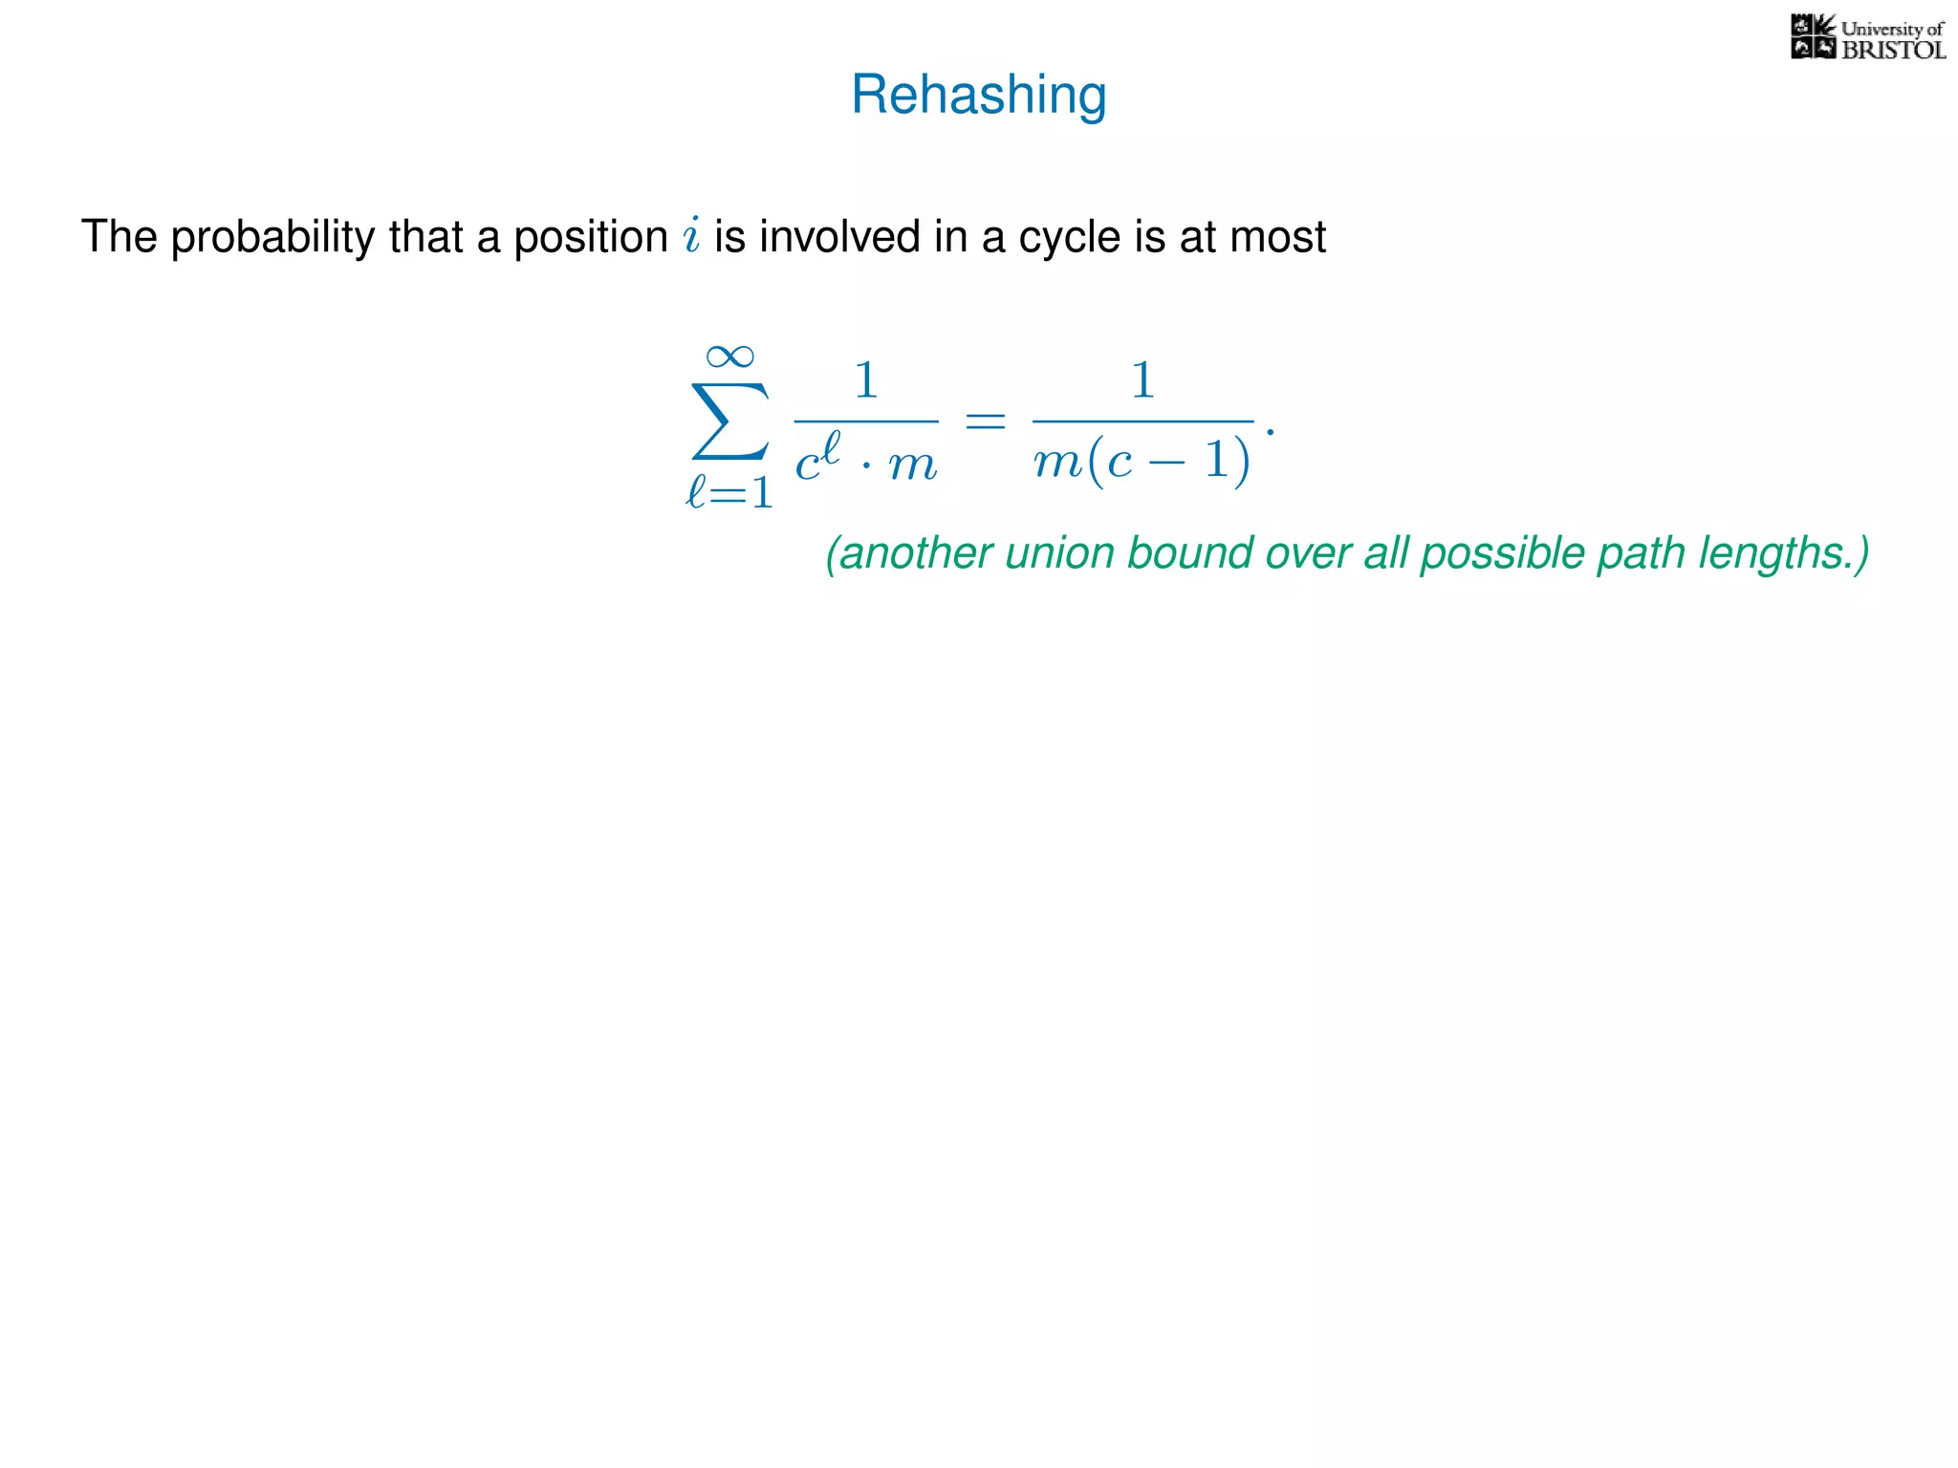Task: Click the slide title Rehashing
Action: pos(978,96)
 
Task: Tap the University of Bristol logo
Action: pos(1867,38)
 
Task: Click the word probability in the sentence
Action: pos(272,237)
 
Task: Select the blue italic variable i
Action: pos(691,235)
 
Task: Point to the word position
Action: pos(590,237)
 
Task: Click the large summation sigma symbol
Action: pos(729,421)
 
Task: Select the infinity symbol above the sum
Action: pos(729,356)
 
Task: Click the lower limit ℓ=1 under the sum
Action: pos(729,493)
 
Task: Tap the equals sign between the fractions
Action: pos(985,421)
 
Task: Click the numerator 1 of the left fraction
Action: pos(865,380)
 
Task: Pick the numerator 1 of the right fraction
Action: pos(1142,380)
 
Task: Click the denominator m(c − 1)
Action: pos(1142,462)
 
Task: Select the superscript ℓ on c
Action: pos(830,446)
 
